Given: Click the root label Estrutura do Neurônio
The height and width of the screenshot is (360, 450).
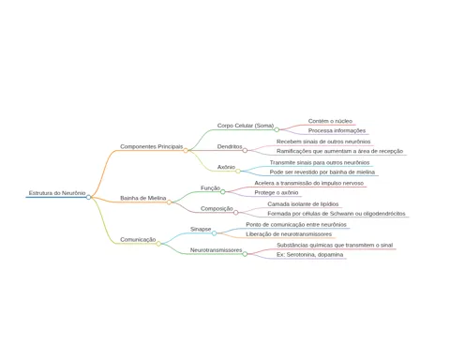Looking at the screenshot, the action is pos(57,193).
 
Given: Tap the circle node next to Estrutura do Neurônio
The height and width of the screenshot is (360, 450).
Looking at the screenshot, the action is pos(88,197).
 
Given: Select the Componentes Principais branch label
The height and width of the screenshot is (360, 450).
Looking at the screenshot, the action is pos(152,146).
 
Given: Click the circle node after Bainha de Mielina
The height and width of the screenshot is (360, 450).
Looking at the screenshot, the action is pos(169,202).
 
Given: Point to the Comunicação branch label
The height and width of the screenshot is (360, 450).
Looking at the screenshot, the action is pos(138,240).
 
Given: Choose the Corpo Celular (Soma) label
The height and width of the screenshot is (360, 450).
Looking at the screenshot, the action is pos(246,126).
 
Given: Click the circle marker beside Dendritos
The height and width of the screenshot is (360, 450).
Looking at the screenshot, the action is pos(245,151).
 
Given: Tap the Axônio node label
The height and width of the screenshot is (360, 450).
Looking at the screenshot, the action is pos(226,167).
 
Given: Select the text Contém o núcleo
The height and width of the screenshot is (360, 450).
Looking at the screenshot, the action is pos(330,121).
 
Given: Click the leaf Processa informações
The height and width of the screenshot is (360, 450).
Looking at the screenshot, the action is pos(337,130).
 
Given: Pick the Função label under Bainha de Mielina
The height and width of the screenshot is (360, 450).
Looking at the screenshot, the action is pos(210,188).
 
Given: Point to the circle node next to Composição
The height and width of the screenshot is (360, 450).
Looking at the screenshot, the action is pos(236,213).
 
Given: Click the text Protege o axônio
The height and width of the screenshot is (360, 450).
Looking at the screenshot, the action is pos(277,193).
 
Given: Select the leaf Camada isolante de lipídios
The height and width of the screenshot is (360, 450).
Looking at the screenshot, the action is pos(303,204).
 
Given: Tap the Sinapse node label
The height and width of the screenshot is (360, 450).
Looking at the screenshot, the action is pos(201,229).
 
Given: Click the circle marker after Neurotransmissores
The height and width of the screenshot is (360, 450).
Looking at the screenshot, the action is pos(245,254).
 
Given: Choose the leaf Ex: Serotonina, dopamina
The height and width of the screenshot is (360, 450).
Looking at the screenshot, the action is pos(310,255).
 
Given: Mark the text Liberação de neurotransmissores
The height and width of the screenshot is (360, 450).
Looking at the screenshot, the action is pos(289,234).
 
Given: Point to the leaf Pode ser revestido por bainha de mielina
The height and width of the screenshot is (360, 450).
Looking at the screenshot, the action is pos(322,172).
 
